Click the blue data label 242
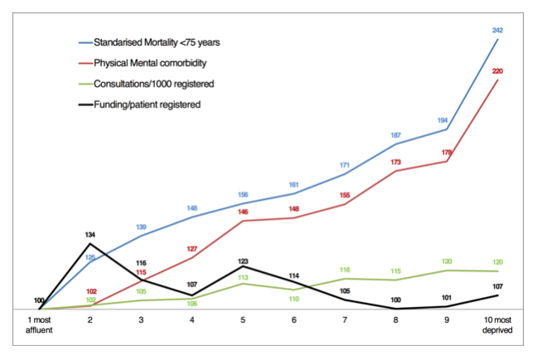pos(497,30)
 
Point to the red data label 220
pos(497,71)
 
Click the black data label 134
pos(90,235)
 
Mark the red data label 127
pos(191,249)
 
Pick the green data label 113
pos(243,278)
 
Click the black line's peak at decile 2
pos(90,244)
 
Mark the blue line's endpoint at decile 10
pos(497,39)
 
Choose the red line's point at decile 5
pos(243,221)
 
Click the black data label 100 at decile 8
pos(395,299)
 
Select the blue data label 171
pos(345,166)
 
